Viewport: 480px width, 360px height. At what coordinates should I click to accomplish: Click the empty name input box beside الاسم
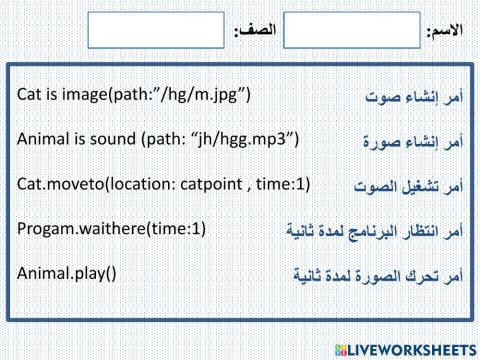click(x=352, y=30)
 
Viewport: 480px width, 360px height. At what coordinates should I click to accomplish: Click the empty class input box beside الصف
click(x=156, y=30)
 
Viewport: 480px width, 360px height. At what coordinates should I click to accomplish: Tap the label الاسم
click(x=444, y=32)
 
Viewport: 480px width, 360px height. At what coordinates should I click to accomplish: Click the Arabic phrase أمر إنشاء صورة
click(x=412, y=141)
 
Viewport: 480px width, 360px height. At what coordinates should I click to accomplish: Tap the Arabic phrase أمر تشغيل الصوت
click(x=408, y=186)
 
